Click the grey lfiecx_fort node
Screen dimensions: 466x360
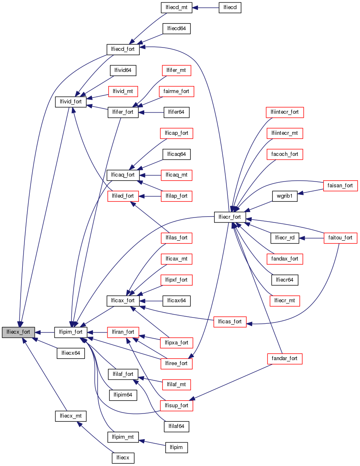click(x=18, y=332)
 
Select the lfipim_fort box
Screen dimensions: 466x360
click(x=71, y=332)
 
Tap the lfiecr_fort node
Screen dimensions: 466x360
click(x=230, y=217)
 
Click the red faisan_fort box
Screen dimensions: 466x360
click(x=341, y=186)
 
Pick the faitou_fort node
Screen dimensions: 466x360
click(x=340, y=238)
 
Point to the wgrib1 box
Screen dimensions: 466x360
click(x=285, y=196)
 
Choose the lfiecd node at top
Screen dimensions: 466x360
click(x=229, y=7)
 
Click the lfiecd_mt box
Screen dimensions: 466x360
click(x=176, y=7)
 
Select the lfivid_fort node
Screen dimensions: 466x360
click(x=71, y=101)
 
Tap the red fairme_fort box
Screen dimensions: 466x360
click(x=176, y=91)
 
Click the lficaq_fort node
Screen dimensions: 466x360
click(x=123, y=175)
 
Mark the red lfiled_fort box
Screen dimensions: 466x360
click(x=123, y=196)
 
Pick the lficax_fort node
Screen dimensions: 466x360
click(x=123, y=300)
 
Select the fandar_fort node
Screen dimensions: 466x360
click(x=285, y=358)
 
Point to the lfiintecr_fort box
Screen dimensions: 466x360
click(x=285, y=112)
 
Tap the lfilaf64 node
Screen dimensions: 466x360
click(x=176, y=426)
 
